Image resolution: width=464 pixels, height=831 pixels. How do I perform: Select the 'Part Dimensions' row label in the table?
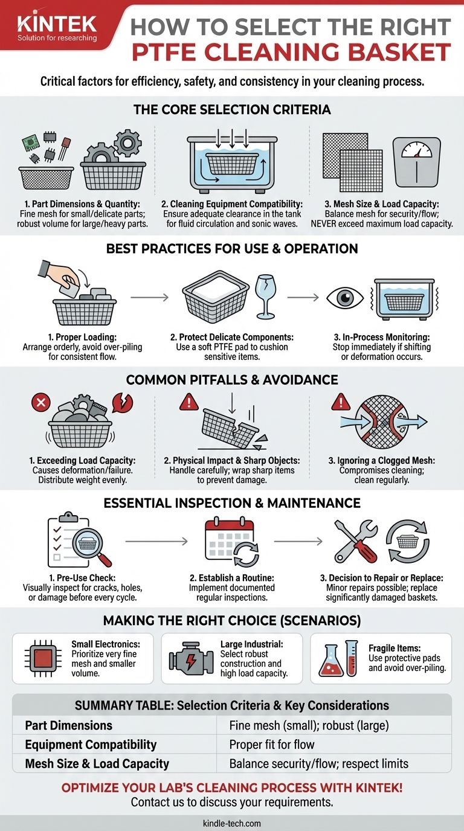coord(69,725)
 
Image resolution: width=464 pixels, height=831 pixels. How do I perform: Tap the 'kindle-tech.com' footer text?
coord(232,823)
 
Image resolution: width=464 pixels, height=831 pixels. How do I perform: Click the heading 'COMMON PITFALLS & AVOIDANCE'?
coord(232,380)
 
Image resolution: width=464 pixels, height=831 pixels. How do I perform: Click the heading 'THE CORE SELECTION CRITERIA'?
coord(232,109)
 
